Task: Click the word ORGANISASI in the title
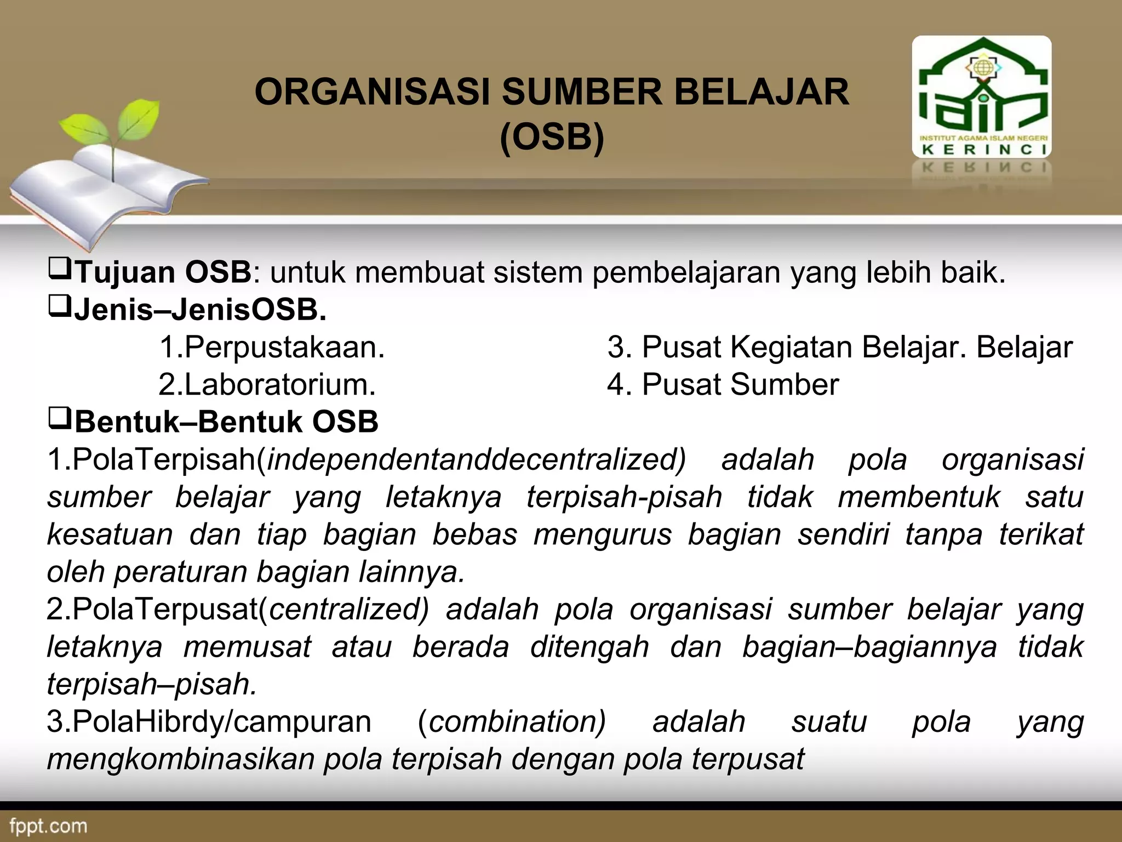pyautogui.click(x=372, y=92)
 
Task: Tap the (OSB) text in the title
pyautogui.click(x=552, y=137)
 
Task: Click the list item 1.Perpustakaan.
pyautogui.click(x=272, y=348)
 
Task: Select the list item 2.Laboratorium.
pyautogui.click(x=267, y=385)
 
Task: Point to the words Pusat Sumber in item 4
pyautogui.click(x=740, y=385)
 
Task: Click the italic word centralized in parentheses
pyautogui.click(x=345, y=610)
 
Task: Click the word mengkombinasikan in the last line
pyautogui.click(x=181, y=759)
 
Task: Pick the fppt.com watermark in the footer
pyautogui.click(x=48, y=826)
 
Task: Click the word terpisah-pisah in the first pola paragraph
pyautogui.click(x=624, y=497)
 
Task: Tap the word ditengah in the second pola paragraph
pyautogui.click(x=589, y=647)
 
